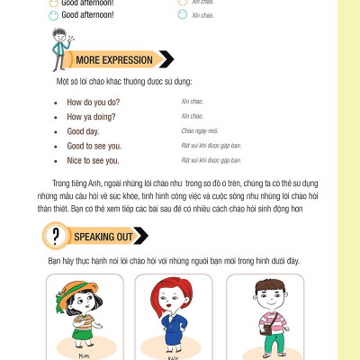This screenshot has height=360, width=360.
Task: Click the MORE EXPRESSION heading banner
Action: click(113, 60)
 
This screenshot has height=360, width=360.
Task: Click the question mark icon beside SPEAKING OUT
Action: click(57, 237)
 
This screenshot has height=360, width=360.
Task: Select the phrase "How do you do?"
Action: click(93, 102)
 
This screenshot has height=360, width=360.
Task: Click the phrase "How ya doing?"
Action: click(92, 116)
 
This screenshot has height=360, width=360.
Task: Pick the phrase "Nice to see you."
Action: click(93, 160)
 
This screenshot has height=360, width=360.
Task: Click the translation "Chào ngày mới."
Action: click(201, 131)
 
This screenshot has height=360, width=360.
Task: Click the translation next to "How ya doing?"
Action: click(192, 116)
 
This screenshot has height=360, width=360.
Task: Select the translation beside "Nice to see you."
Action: click(211, 160)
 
